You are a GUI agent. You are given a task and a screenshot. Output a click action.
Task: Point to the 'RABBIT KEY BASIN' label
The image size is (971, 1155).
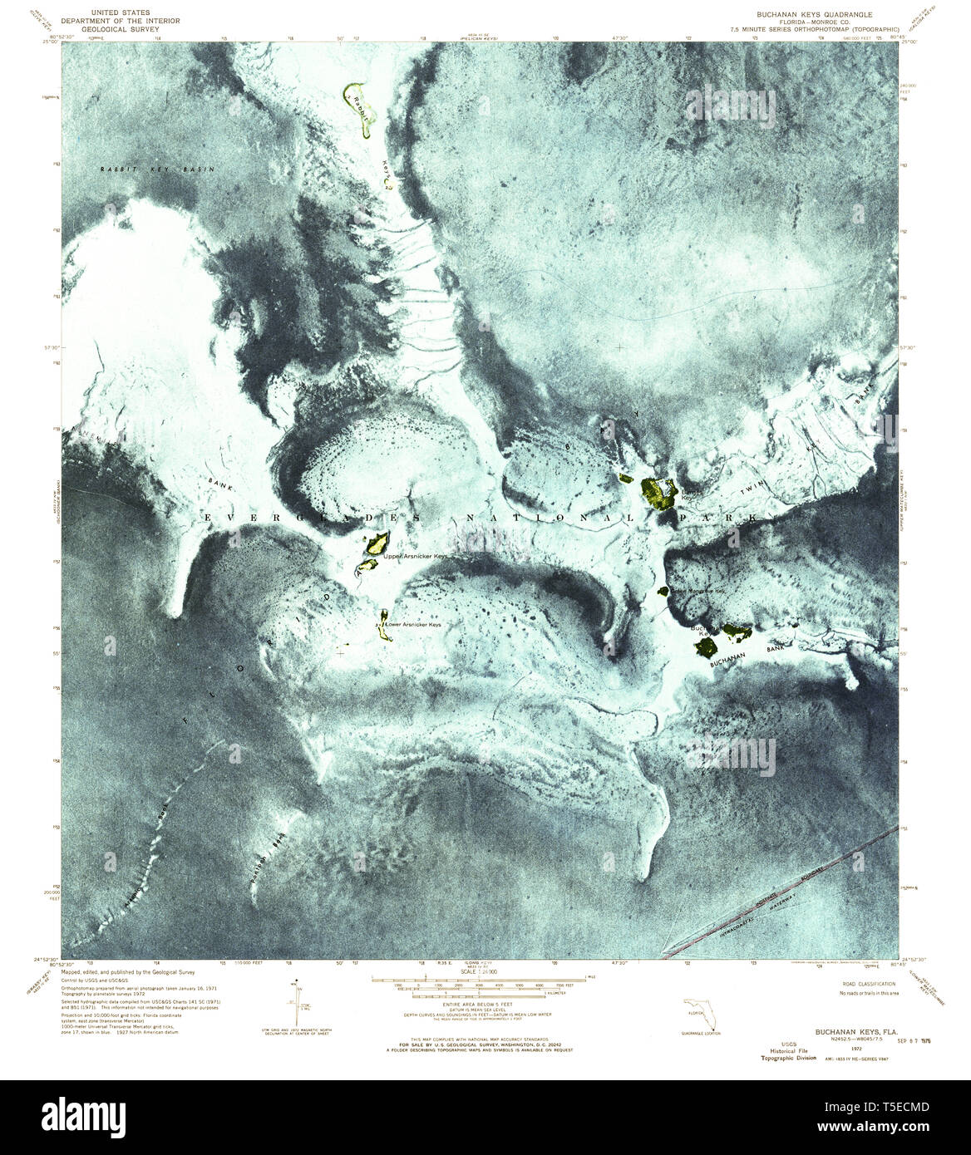(157, 170)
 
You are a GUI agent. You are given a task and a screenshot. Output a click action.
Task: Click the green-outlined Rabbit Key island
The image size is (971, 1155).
(359, 107)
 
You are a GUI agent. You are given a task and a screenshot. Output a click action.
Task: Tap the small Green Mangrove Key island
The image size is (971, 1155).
(663, 592)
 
